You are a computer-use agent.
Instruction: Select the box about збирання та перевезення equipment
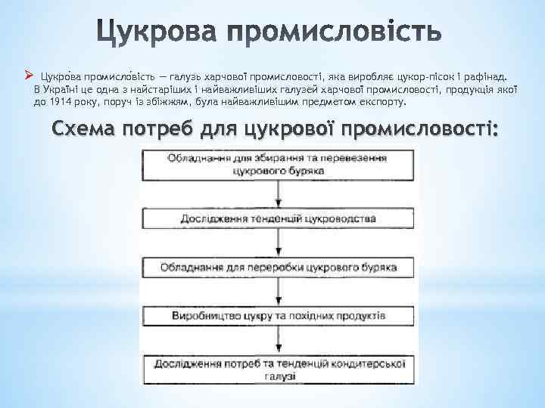click(278, 164)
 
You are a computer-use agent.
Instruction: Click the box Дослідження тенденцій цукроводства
click(278, 218)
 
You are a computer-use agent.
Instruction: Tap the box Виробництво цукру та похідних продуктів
click(278, 314)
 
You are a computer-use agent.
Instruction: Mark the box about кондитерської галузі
click(278, 368)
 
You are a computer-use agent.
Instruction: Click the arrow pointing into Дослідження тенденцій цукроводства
click(278, 195)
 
